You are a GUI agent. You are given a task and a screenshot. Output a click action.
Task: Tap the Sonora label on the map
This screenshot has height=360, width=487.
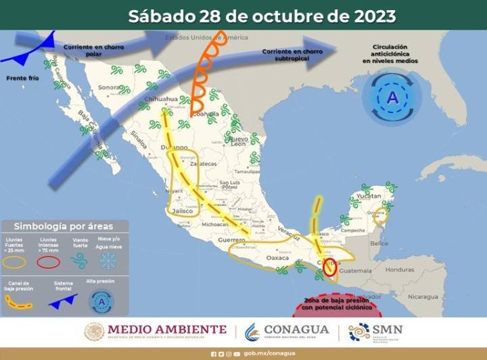click(x=108, y=87)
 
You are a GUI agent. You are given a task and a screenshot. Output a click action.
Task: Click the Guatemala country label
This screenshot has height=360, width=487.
click(x=358, y=271)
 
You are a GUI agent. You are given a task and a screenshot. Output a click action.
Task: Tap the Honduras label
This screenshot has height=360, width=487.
click(x=400, y=269)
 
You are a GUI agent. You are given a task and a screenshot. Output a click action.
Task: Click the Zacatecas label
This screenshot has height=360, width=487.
click(x=203, y=164)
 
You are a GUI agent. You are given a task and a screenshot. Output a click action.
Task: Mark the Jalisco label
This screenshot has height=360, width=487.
click(x=183, y=211)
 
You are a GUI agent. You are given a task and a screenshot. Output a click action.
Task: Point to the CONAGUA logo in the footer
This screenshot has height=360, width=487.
click(x=287, y=331)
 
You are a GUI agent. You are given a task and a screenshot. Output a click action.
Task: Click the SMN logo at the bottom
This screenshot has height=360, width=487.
click(x=375, y=332)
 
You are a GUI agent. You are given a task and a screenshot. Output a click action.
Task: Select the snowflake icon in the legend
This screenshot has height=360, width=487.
click(x=109, y=261)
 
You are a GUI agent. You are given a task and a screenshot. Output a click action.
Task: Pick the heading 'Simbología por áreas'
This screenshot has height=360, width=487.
click(x=64, y=226)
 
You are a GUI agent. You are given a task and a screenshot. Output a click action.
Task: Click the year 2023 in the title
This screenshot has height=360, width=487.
click(x=370, y=16)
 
